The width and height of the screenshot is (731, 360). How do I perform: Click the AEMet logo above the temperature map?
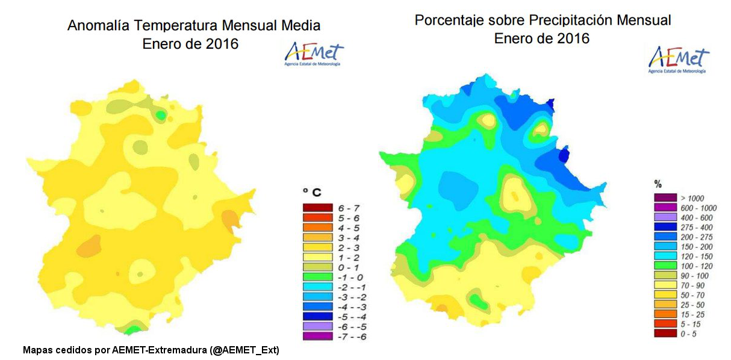coord(314,54)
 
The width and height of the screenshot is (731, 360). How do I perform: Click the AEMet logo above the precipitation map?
coord(679,59)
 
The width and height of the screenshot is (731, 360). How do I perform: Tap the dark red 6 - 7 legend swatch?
coord(317,208)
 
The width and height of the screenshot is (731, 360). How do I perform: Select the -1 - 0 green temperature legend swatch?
coord(317,277)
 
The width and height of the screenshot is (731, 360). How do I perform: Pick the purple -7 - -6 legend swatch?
coord(317,336)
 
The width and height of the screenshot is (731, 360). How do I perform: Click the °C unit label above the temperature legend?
coord(311,193)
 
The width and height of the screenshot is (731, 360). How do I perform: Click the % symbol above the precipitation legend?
coord(658,184)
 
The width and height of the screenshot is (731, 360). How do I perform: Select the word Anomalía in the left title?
coord(99,26)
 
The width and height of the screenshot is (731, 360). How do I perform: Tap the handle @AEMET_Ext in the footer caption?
coord(244,350)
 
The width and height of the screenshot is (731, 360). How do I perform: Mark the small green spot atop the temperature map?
coord(160,114)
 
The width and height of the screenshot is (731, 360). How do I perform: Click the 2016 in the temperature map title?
coord(220,44)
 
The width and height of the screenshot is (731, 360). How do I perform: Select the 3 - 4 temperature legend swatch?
coord(317,237)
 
